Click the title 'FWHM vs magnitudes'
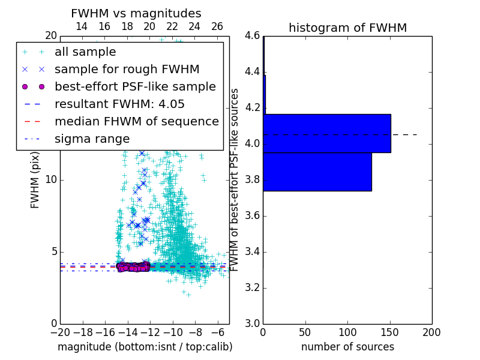(136, 13)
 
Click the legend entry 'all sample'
(85, 52)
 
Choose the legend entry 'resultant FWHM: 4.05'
(119, 104)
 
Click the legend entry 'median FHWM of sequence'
(136, 121)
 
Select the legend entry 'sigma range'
(92, 139)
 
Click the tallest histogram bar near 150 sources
(327, 133)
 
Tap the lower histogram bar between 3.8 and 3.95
(317, 172)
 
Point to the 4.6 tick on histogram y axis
(251, 36)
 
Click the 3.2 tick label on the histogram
(251, 288)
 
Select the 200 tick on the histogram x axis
(431, 332)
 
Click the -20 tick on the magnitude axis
(60, 332)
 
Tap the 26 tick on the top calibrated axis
(217, 26)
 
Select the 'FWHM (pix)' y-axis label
(35, 180)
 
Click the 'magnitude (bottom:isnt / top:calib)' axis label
(145, 347)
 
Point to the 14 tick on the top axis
(82, 26)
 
